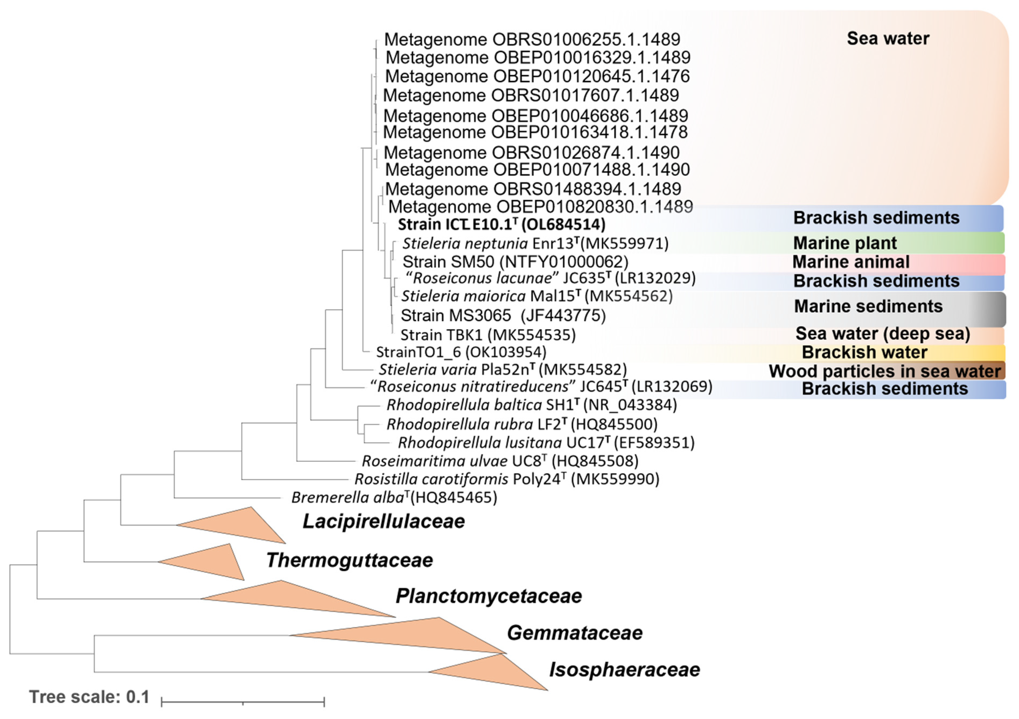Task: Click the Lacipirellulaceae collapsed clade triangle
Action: click(x=240, y=526)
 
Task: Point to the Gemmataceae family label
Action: click(x=574, y=633)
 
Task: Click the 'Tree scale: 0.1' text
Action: click(x=89, y=697)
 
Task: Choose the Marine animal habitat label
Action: click(x=851, y=262)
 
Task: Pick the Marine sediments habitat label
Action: click(x=868, y=306)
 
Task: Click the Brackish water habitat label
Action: click(x=864, y=353)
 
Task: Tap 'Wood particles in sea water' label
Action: click(x=885, y=371)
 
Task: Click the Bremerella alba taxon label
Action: click(x=394, y=498)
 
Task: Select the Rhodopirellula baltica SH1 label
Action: click(x=531, y=405)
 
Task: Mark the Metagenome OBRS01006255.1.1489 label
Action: click(x=532, y=40)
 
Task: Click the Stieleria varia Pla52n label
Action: click(x=502, y=369)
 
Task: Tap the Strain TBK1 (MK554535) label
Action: click(x=488, y=335)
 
